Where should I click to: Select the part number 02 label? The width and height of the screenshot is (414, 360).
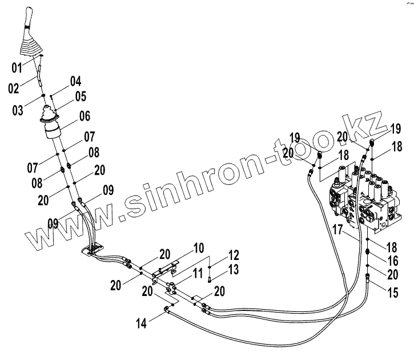[x=14, y=88]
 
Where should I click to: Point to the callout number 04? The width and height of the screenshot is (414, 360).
[x=76, y=82]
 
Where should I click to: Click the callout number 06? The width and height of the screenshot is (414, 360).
[x=85, y=116]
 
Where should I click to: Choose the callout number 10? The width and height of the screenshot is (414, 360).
[x=198, y=248]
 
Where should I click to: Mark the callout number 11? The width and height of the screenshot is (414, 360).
[x=198, y=273]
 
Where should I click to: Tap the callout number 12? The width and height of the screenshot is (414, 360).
[x=235, y=255]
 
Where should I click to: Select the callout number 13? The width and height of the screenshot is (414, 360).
[x=235, y=269]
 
